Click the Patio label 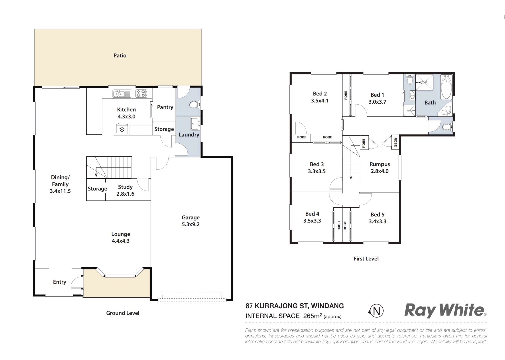click(x=120, y=56)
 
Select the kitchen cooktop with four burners click(x=141, y=94)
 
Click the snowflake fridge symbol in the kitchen click(x=122, y=129)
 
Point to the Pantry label click(x=165, y=107)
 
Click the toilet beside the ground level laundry click(x=194, y=105)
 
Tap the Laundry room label click(x=189, y=135)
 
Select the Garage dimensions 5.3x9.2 click(x=190, y=224)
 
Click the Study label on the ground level click(x=125, y=187)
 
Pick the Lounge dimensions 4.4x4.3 click(x=121, y=241)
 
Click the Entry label click(x=60, y=282)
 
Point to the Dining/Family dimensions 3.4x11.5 click(x=60, y=191)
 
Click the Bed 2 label click(x=320, y=94)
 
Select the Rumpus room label click(x=380, y=164)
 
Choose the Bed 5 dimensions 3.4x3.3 click(x=377, y=221)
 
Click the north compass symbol click(x=376, y=311)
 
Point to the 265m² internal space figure click(x=312, y=316)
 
